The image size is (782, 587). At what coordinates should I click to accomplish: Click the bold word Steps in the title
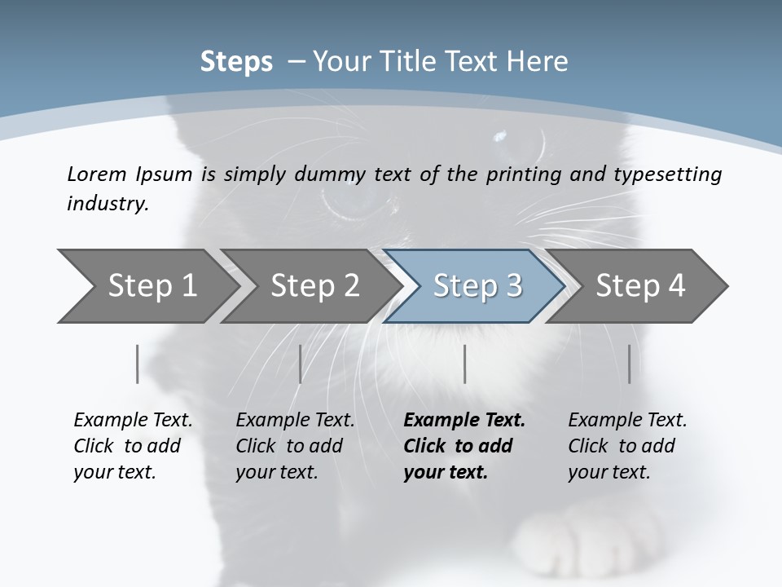[x=236, y=62]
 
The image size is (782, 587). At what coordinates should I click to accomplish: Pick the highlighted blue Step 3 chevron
[x=477, y=286]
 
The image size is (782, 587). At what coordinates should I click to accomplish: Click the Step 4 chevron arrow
[x=640, y=286]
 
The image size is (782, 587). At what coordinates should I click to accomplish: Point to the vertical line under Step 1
[x=137, y=364]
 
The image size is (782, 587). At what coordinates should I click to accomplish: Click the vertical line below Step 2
[x=301, y=364]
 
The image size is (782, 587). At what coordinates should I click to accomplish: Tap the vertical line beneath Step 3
[x=464, y=364]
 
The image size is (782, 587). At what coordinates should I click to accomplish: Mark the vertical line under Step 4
[x=629, y=364]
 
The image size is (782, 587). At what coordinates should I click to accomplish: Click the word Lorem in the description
[x=97, y=174]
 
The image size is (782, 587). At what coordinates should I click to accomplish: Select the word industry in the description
[x=107, y=204]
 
